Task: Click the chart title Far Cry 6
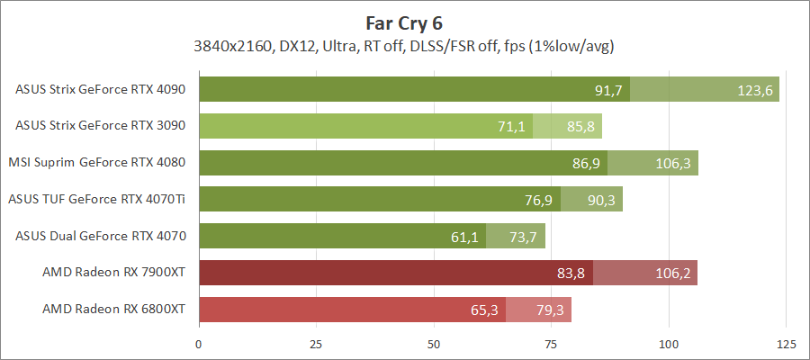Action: (405, 22)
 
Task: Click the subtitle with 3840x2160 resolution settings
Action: (405, 46)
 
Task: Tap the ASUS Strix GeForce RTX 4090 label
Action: (101, 89)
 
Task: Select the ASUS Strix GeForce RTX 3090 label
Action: (101, 126)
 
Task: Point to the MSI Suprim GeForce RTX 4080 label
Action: (97, 163)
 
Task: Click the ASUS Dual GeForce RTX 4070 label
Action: (101, 236)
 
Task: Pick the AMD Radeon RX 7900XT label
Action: (113, 273)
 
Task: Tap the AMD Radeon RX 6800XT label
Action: (113, 310)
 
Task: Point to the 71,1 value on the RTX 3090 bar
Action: (511, 127)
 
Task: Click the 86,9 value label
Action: (586, 164)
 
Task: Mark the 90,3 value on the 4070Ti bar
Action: (601, 200)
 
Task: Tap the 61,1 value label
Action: (464, 237)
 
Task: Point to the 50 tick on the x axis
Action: (434, 344)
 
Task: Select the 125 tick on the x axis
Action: (786, 344)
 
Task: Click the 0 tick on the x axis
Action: (199, 344)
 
